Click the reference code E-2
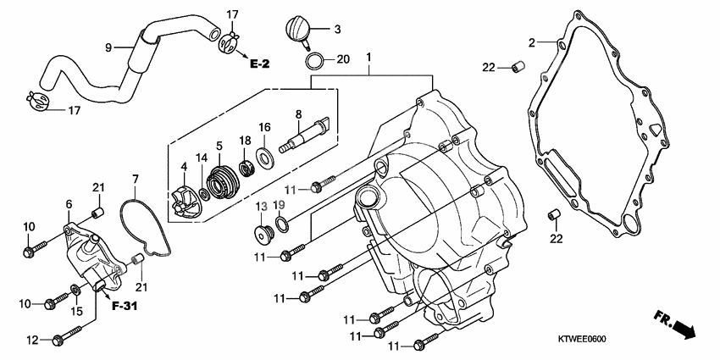(x=259, y=63)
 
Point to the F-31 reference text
(x=124, y=304)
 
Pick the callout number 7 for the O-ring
(x=134, y=179)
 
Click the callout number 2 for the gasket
(x=532, y=42)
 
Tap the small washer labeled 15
(x=77, y=292)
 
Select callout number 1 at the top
(x=368, y=58)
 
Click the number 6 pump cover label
(x=69, y=204)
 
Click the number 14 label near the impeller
(x=202, y=158)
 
